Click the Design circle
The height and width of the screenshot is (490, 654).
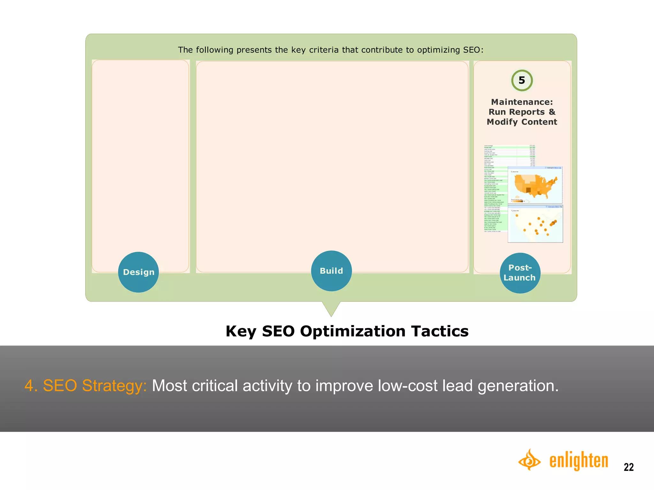coord(138,272)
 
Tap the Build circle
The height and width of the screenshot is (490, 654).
coord(331,271)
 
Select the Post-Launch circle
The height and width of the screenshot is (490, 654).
coord(520,273)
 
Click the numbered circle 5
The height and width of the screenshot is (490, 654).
coord(522,80)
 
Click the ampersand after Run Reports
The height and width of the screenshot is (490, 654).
coord(552,112)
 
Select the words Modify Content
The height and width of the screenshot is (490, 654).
coord(522,122)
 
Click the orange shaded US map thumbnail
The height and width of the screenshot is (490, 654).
coord(535,185)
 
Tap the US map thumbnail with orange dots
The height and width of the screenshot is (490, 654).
coord(535,224)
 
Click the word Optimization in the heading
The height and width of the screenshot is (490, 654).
coord(353,331)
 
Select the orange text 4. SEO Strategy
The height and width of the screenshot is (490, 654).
coord(86,386)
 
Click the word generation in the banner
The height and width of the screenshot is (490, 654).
coord(518,386)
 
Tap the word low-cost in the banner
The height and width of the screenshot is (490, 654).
coord(407,386)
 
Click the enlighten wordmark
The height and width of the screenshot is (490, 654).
coord(579,461)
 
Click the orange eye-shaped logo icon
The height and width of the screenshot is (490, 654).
coord(529,460)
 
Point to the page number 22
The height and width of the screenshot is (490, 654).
coord(628,467)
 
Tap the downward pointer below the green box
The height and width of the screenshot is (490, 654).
coord(331,308)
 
